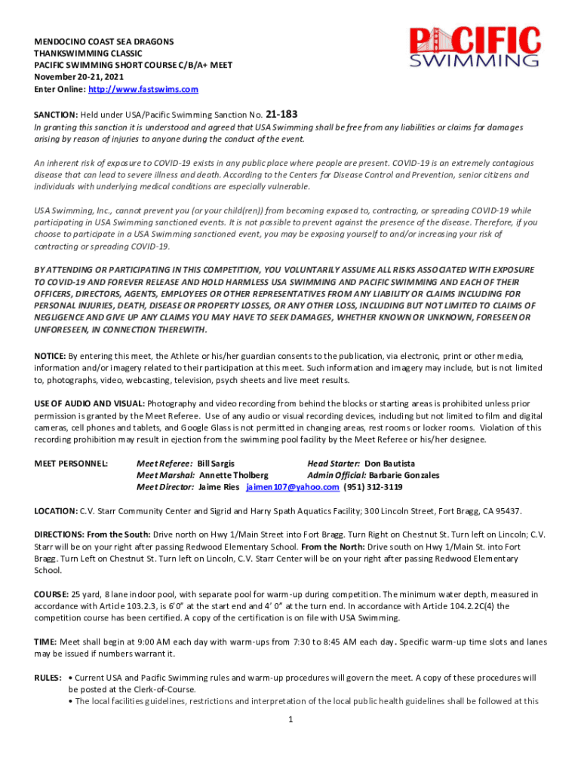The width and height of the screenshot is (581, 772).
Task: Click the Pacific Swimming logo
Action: [475, 47]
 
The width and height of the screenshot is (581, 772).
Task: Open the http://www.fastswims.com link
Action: [143, 89]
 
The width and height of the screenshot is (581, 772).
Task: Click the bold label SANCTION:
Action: [56, 115]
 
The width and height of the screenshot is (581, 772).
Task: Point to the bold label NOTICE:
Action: [50, 356]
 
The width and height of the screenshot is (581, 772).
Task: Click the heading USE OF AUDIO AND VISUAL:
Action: [90, 404]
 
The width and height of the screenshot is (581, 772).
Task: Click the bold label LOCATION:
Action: [55, 511]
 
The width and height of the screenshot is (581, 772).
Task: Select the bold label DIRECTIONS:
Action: [60, 535]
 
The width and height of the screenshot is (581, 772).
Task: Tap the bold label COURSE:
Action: [51, 594]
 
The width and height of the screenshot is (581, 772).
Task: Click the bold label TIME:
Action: [45, 642]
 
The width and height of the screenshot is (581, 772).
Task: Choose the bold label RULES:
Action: [48, 678]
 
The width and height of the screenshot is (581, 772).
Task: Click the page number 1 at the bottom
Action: [290, 719]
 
